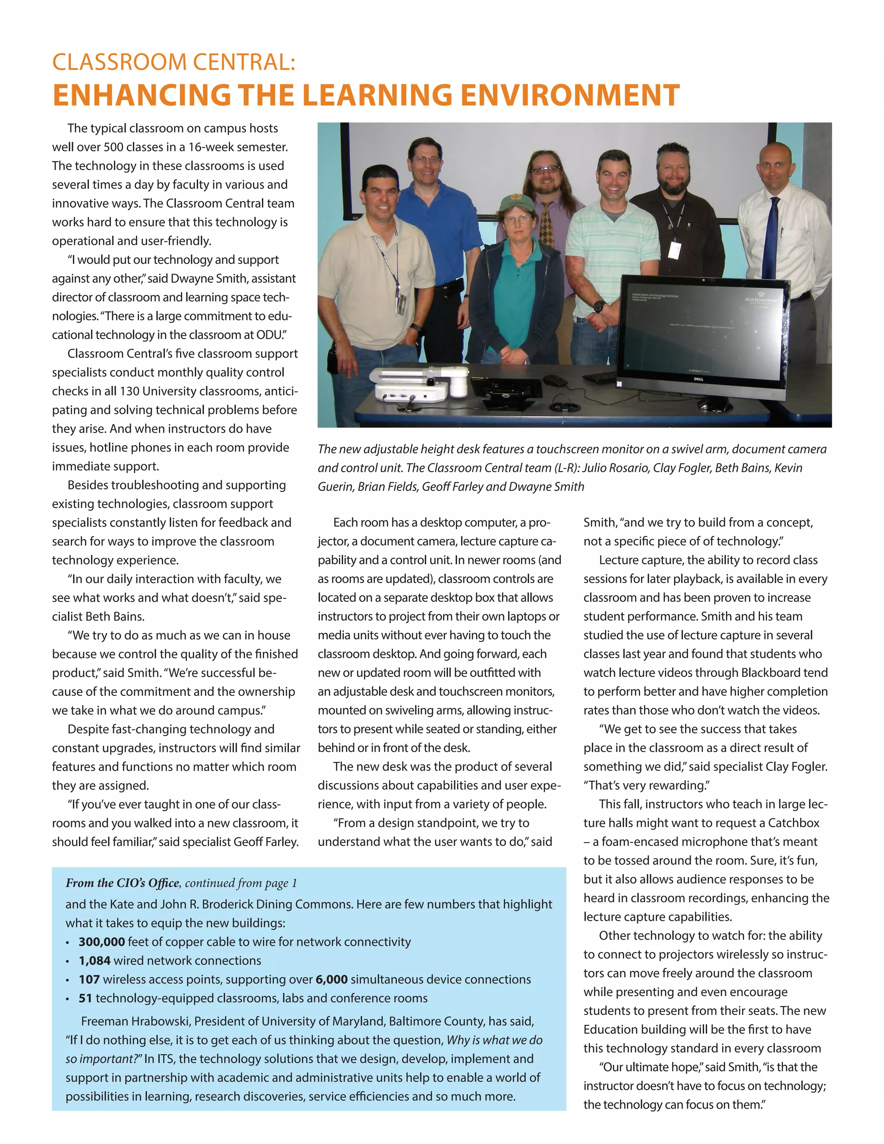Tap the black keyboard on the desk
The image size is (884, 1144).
click(x=600, y=376)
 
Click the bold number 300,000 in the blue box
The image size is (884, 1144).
click(x=101, y=942)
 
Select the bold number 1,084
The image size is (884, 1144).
click(x=94, y=961)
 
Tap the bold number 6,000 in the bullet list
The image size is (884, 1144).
click(x=331, y=980)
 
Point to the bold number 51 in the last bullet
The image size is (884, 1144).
click(x=85, y=999)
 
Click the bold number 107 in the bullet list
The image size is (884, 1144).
click(x=89, y=980)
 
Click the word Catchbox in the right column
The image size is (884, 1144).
click(x=793, y=823)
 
